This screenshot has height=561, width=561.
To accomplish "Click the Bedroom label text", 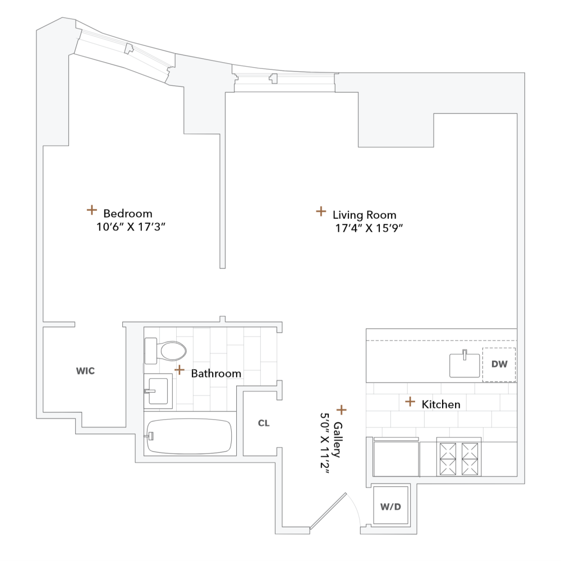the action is click(128, 214).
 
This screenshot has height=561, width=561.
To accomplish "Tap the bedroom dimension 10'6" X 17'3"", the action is click(133, 227).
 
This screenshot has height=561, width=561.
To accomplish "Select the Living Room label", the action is click(364, 215).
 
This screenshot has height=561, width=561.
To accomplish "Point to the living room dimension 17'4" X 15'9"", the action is click(368, 228).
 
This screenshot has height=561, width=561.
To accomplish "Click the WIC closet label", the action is click(85, 371).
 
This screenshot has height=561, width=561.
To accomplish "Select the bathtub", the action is click(189, 436).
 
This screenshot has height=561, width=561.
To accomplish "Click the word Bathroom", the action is click(216, 374).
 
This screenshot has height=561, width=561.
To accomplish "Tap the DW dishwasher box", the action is click(499, 365).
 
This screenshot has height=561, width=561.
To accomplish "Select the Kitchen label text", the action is click(441, 404).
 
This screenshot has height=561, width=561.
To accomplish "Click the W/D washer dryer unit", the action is click(391, 507).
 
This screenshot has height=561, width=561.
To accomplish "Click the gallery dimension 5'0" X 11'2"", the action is click(324, 444).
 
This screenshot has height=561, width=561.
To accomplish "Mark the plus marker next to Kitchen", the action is click(410, 402).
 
